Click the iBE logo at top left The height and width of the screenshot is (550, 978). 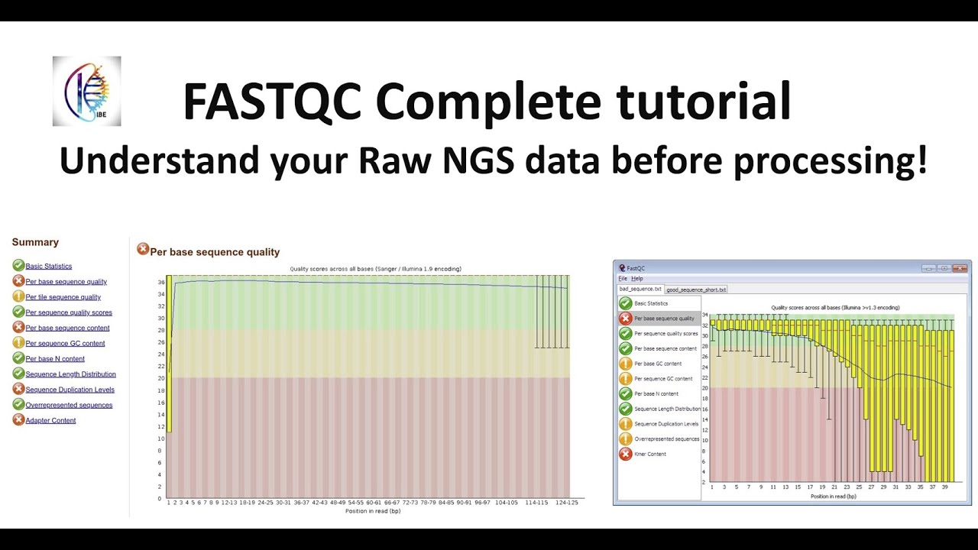coord(86,91)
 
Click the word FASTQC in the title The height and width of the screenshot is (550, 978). coord(271,102)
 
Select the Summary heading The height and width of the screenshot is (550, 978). coord(35,242)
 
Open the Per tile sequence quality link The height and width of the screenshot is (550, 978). coord(63,297)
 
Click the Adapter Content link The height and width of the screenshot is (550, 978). coord(50,420)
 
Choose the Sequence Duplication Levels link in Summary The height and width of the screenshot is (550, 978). coord(70,390)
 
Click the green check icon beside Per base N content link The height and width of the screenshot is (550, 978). coord(18,358)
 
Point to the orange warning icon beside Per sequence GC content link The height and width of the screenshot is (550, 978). coord(18,343)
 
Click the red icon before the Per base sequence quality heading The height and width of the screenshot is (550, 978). coord(143,249)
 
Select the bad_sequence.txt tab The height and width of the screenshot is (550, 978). coord(640,290)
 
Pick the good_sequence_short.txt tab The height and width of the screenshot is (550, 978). coord(696,290)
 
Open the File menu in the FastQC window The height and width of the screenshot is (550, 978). coord(623,279)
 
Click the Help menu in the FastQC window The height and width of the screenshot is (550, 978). coord(637,279)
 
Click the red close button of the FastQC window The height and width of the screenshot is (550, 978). coord(960,268)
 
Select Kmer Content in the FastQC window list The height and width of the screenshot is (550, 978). coord(649,454)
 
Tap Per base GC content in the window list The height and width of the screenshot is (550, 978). coord(658,364)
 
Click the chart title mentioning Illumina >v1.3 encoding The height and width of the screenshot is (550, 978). coord(835,307)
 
